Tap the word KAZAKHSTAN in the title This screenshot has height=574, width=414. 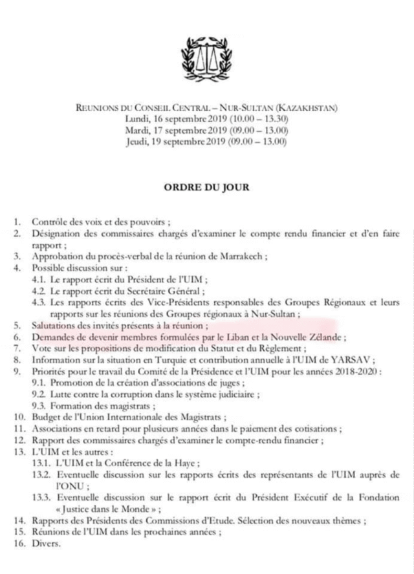320,108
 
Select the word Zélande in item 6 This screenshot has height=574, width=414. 327,337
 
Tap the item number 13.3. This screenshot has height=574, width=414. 41,498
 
